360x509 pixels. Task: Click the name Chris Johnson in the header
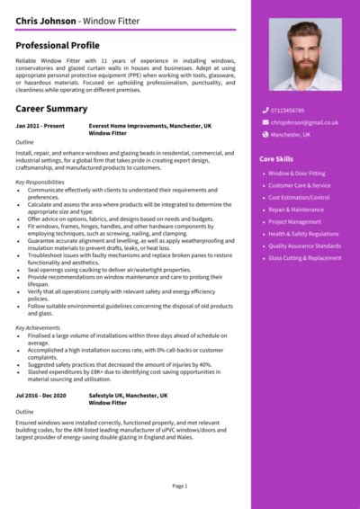pos(43,20)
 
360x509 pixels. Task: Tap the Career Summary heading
pos(51,109)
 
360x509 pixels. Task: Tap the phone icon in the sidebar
pos(265,111)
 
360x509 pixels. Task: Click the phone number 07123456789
pos(288,111)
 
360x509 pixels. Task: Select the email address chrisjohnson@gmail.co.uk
pos(306,122)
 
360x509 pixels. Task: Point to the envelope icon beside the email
pos(265,122)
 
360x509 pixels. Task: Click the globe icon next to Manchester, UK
pos(265,134)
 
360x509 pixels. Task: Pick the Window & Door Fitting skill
pos(298,173)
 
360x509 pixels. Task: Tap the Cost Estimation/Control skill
pos(299,197)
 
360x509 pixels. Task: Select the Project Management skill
pos(294,221)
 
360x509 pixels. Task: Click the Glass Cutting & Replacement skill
pos(305,258)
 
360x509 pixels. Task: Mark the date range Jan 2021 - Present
pos(40,127)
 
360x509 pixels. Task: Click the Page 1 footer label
pos(180,486)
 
